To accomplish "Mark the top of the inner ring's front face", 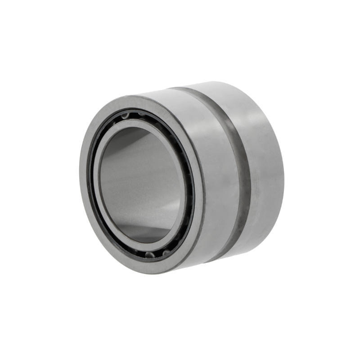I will click(x=135, y=122).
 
